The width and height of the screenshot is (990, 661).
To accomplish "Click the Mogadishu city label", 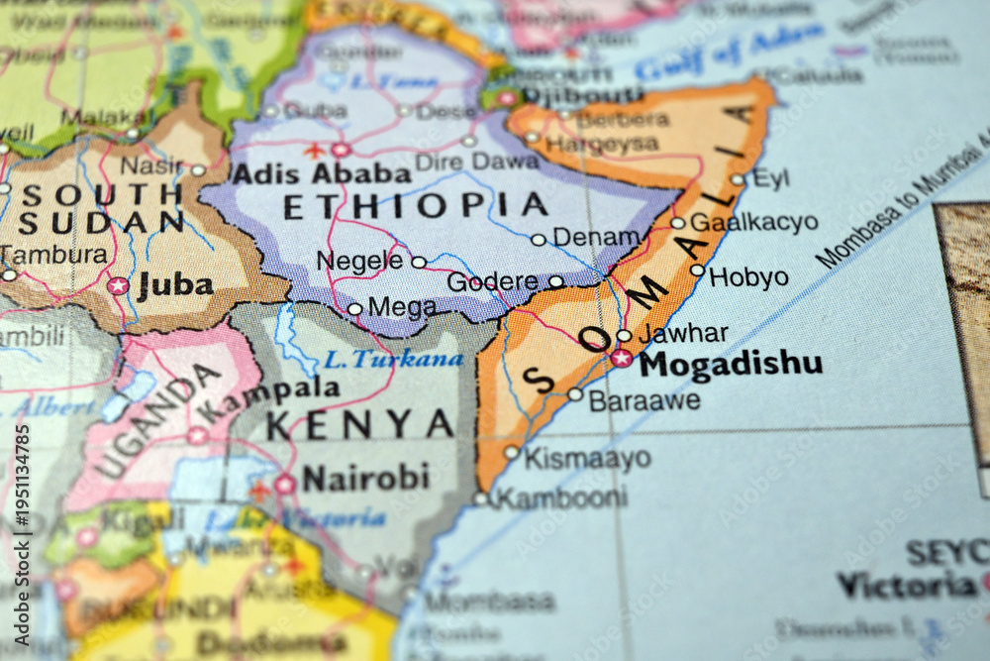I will pos(731,364).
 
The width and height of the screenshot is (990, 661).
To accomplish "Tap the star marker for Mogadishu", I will pos(621,358).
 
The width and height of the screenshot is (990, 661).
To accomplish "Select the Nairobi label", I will pos(365,479).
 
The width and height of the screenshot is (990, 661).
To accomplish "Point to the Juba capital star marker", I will pos(118,285).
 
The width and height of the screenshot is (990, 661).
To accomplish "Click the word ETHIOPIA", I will pos(416,205).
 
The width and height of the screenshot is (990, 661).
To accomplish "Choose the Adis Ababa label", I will pos(321,174).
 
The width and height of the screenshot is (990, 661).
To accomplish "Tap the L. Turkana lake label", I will pos(393,359).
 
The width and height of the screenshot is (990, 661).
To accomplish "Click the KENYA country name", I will pos(359,424).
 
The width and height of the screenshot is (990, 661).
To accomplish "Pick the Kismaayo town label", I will pos(587,458).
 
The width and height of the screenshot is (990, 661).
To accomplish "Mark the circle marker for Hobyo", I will pos(697,270).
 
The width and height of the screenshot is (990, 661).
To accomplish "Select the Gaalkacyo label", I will pos(753,222).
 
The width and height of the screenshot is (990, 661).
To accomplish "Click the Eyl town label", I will pos(771,178).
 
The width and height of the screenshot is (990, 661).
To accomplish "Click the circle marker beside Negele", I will pos(419,263).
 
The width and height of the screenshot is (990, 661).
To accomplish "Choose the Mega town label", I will pos(402,307).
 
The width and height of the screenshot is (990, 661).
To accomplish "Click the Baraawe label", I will pos(643,400).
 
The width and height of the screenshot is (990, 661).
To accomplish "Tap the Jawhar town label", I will pos(683,334).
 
